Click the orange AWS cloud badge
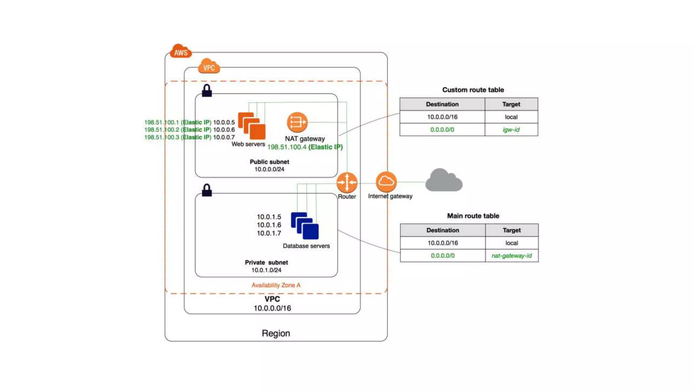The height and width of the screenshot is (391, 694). pyautogui.click(x=180, y=51)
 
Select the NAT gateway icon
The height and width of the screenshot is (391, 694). pyautogui.click(x=297, y=122)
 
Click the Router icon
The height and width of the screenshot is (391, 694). pyautogui.click(x=347, y=182)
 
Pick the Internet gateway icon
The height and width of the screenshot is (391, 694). pyautogui.click(x=386, y=182)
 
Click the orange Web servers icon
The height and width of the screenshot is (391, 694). pyautogui.click(x=252, y=126)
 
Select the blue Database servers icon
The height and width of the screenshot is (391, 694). pyautogui.click(x=305, y=226)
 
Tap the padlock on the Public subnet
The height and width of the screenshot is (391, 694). pyautogui.click(x=207, y=91)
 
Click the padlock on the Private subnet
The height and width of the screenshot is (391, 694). pyautogui.click(x=207, y=190)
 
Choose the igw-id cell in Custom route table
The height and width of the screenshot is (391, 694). pyautogui.click(x=511, y=130)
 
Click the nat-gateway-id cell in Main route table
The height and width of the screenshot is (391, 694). pyautogui.click(x=512, y=256)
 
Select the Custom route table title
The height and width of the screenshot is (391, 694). pyautogui.click(x=473, y=90)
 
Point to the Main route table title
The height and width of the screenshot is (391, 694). pyautogui.click(x=473, y=216)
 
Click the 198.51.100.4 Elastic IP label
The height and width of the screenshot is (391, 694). pyautogui.click(x=305, y=147)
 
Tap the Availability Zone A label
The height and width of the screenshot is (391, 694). pyautogui.click(x=276, y=285)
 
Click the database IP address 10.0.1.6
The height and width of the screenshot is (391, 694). pyautogui.click(x=269, y=225)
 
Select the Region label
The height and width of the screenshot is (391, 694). pyautogui.click(x=276, y=333)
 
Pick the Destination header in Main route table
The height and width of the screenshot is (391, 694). pyautogui.click(x=443, y=230)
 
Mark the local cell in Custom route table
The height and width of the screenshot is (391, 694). pyautogui.click(x=511, y=117)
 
